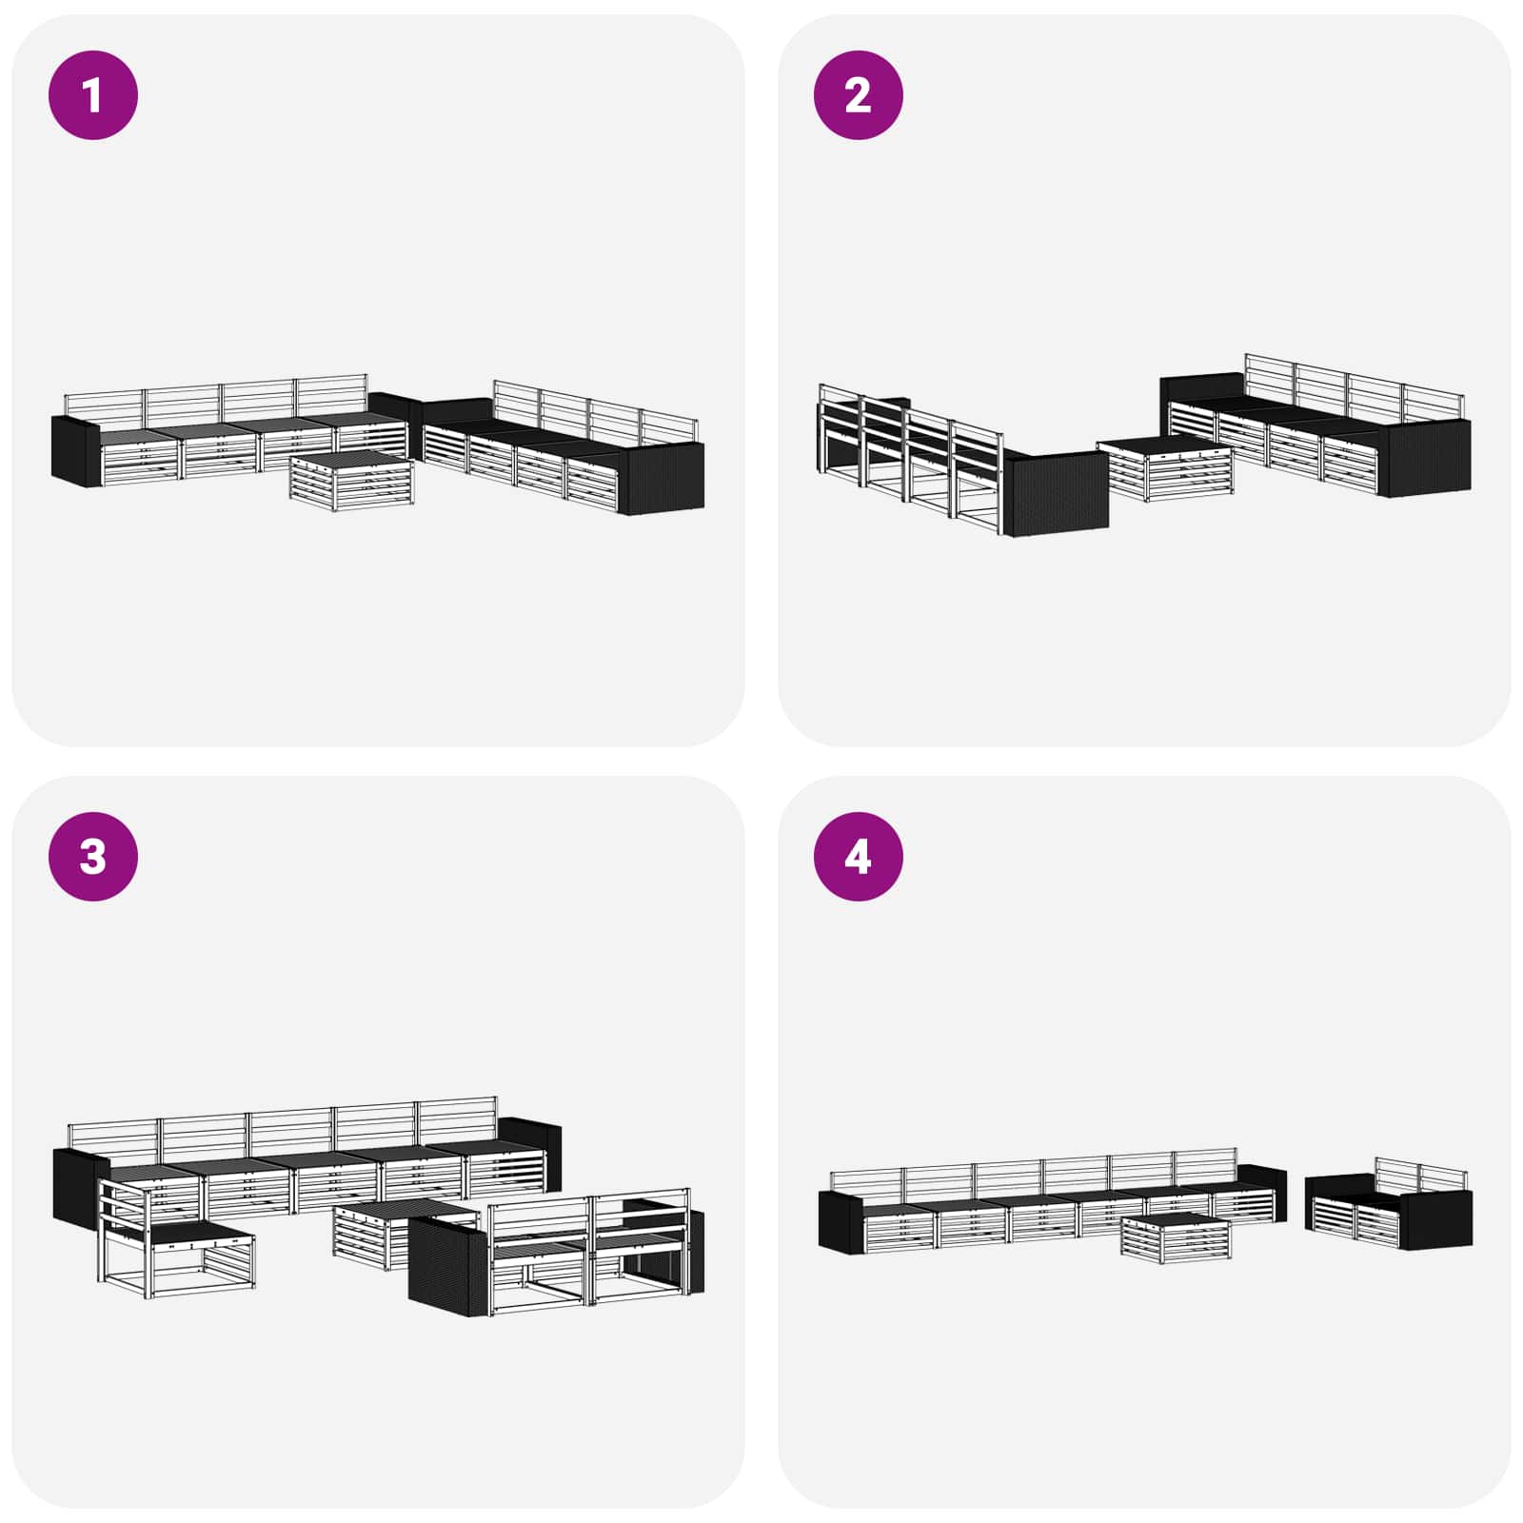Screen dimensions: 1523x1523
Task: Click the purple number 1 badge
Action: (x=93, y=95)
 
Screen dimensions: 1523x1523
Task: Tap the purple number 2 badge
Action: (x=858, y=95)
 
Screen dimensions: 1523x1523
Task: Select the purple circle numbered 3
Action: (x=93, y=856)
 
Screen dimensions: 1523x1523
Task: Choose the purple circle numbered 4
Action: (x=858, y=856)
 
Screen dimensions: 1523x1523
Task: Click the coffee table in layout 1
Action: (x=352, y=481)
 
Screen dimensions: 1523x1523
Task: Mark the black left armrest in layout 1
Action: (x=74, y=450)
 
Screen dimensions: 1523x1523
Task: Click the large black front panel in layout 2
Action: (x=1057, y=493)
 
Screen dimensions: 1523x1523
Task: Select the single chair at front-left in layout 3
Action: (x=176, y=1234)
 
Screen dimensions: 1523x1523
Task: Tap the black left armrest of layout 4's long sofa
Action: (x=841, y=1221)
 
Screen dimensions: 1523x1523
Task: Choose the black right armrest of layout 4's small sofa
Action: (x=1437, y=1219)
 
